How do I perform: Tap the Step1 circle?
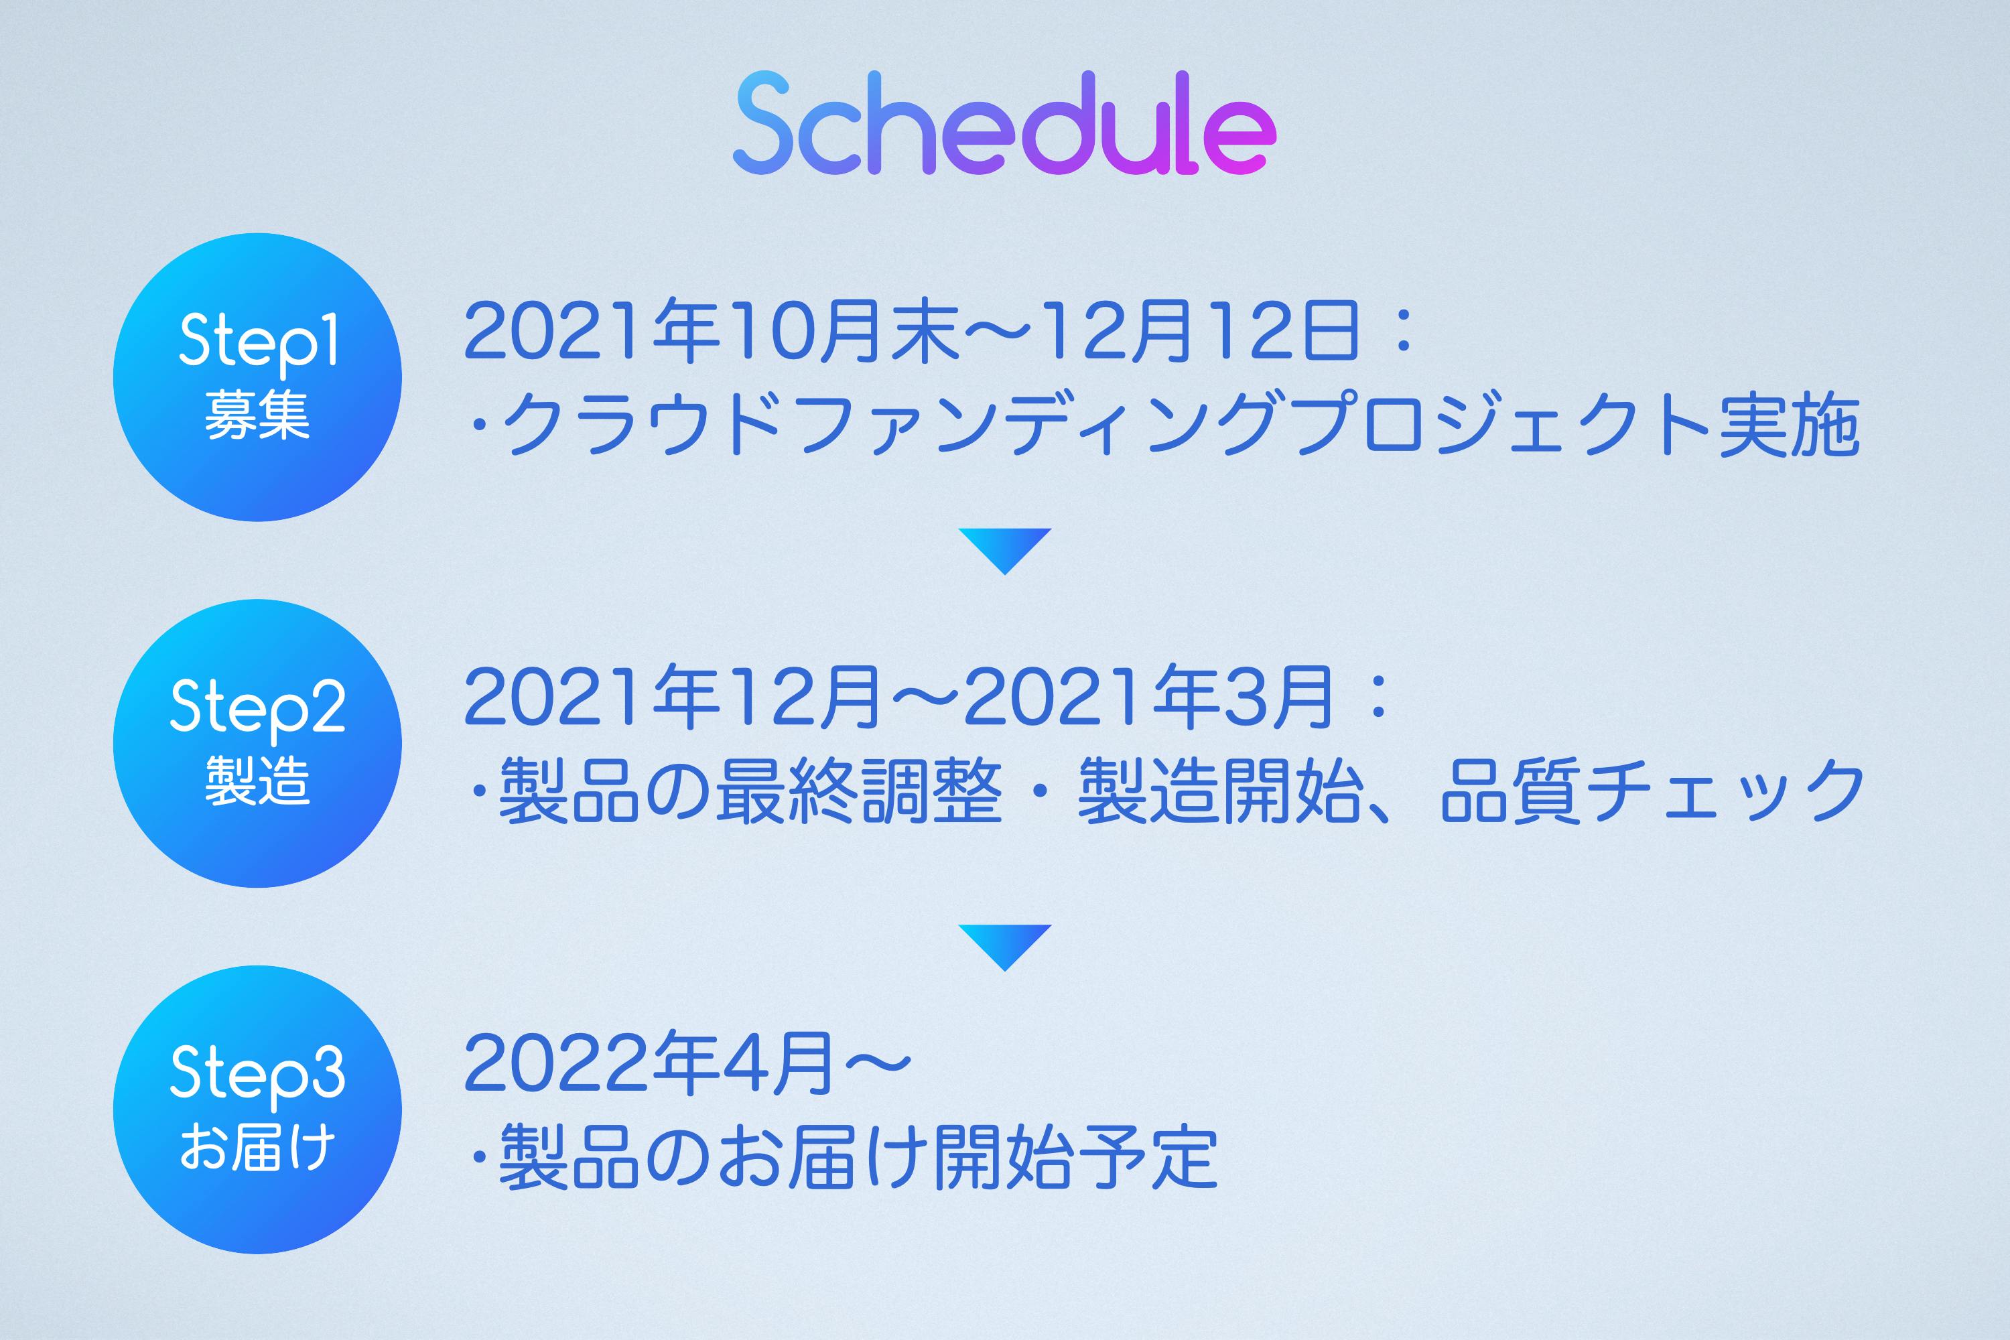tap(257, 377)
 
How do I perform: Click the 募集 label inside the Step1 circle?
tap(257, 415)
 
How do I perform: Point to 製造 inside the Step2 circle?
tap(257, 781)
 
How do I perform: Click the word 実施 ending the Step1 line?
tap(1790, 425)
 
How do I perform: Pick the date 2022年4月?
tap(649, 1063)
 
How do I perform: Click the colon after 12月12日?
tap(1402, 333)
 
